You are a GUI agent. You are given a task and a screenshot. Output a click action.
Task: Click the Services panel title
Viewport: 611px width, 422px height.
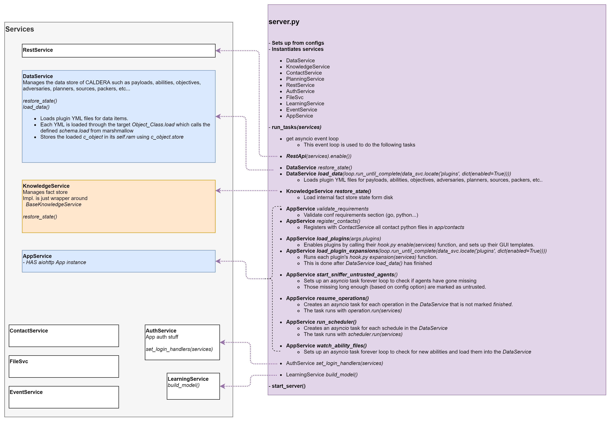pyautogui.click(x=20, y=29)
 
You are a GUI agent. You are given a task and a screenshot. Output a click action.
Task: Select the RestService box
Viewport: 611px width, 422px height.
pyautogui.click(x=119, y=50)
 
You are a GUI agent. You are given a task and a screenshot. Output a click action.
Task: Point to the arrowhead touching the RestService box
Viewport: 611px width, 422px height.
pyautogui.click(x=218, y=50)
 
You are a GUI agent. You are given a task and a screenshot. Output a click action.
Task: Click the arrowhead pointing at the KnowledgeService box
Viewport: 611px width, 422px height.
pyautogui.click(x=218, y=190)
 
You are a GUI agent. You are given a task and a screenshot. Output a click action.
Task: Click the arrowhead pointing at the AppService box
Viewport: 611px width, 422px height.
pyautogui.click(x=218, y=261)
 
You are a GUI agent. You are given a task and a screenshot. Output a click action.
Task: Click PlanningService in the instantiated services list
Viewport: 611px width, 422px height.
pyautogui.click(x=305, y=79)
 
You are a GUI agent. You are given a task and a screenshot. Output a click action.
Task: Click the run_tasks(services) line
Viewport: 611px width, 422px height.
pyautogui.click(x=296, y=127)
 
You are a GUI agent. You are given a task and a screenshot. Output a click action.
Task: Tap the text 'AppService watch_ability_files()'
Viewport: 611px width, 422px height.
pyautogui.click(x=326, y=346)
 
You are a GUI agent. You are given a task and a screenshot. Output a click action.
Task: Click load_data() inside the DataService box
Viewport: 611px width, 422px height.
pyautogui.click(x=36, y=107)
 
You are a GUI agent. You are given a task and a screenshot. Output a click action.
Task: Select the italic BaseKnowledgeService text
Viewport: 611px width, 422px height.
pyautogui.click(x=53, y=204)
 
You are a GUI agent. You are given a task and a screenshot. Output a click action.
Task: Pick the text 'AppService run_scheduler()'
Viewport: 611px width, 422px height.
pyautogui.click(x=321, y=322)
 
